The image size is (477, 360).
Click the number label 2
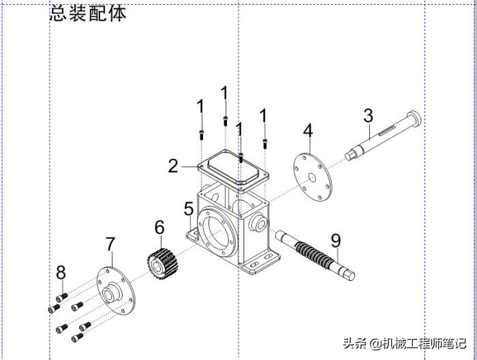point(174,166)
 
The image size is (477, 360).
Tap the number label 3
point(368,116)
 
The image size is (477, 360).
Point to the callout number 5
point(189,209)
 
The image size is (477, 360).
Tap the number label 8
point(61,273)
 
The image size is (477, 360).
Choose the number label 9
point(335,241)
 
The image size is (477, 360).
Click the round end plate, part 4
point(311,177)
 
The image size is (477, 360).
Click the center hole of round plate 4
point(311,178)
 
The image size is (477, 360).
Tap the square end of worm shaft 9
point(349,274)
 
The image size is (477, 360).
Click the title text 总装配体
point(89,12)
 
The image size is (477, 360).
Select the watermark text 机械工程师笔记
point(422,343)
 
